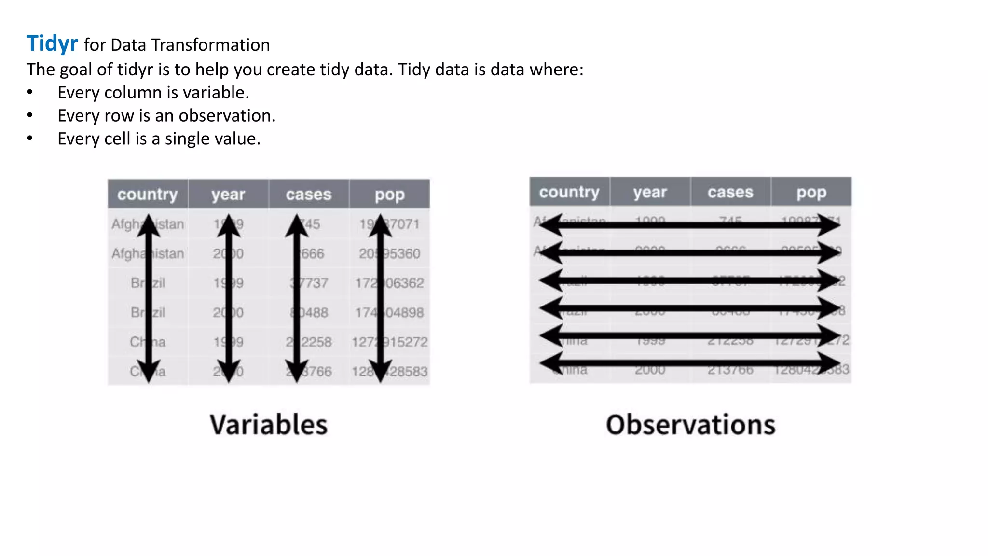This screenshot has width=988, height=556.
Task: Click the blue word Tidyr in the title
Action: point(52,43)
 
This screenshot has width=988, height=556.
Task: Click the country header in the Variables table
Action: point(148,194)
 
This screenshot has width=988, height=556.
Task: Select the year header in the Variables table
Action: point(228,194)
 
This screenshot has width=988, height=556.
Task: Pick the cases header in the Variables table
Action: point(309,194)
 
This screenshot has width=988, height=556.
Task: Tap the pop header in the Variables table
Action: point(390,194)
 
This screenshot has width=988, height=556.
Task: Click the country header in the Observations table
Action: point(569,192)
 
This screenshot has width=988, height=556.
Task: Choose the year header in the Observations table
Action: point(650,192)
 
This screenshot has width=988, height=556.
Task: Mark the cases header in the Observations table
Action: point(730,192)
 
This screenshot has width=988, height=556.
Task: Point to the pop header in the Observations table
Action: point(811,192)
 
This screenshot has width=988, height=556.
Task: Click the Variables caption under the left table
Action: point(269,425)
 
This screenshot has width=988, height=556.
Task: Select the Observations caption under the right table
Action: point(691,425)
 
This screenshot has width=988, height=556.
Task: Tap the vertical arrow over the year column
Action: point(229,299)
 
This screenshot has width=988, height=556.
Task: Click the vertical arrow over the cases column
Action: point(297,299)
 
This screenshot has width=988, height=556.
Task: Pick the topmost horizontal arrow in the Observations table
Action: point(690,225)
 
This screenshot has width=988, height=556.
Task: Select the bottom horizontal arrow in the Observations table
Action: point(690,363)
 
